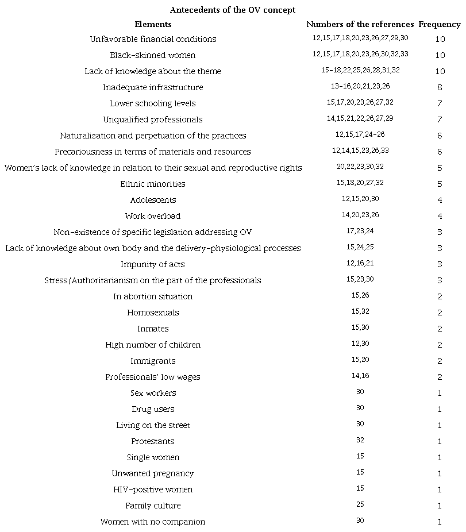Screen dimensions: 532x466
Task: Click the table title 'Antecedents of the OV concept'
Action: click(x=233, y=10)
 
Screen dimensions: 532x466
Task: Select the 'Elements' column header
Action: click(x=153, y=24)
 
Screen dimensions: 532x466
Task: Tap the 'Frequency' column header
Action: click(x=440, y=24)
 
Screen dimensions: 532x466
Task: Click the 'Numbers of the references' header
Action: click(x=360, y=24)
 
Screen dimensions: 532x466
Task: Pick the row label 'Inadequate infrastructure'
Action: click(x=153, y=87)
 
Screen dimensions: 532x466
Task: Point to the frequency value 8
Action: click(x=440, y=87)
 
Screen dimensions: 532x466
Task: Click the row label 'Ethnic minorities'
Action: click(x=153, y=184)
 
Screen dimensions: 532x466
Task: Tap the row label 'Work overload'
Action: click(x=153, y=216)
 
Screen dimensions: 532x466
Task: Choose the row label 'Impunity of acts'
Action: click(x=153, y=264)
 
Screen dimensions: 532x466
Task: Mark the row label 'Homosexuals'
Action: click(x=153, y=313)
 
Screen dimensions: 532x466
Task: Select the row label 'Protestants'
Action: click(x=153, y=441)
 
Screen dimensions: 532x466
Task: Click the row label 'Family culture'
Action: click(x=153, y=506)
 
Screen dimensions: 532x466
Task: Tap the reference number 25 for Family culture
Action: click(x=360, y=504)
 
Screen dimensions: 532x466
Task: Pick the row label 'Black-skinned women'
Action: click(x=153, y=55)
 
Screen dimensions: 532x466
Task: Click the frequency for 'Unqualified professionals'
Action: click(x=440, y=119)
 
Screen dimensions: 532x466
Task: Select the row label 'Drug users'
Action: click(x=153, y=409)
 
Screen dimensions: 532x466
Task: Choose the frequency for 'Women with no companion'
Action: click(x=440, y=522)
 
